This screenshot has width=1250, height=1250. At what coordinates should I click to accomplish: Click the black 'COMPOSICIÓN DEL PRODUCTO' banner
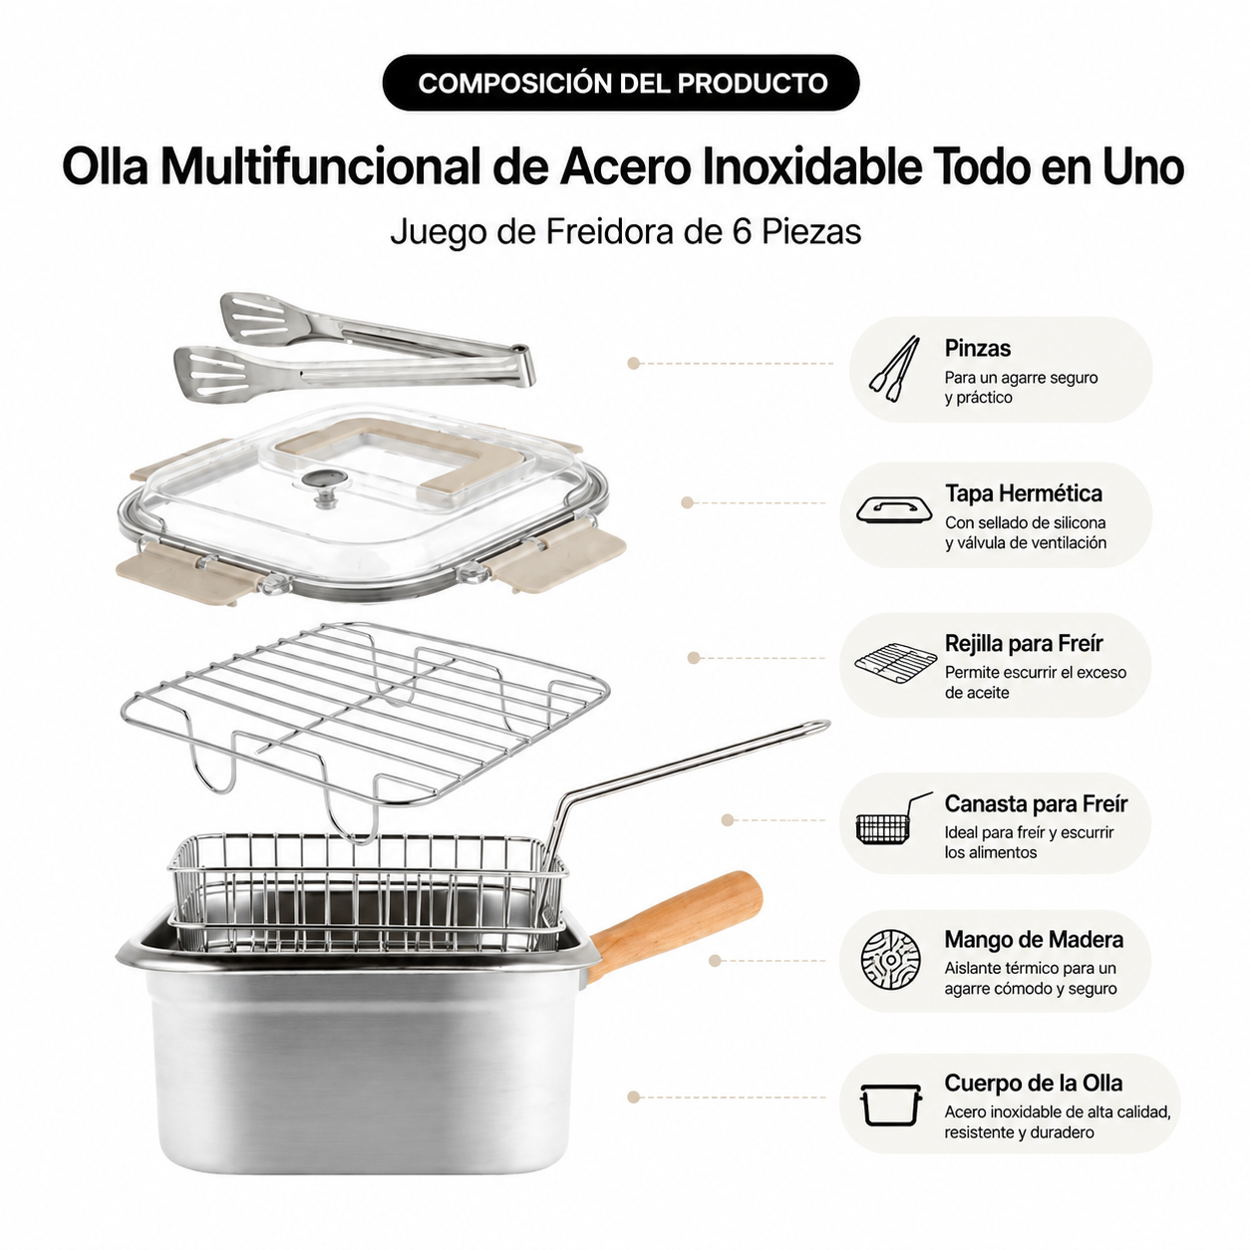pos(621,83)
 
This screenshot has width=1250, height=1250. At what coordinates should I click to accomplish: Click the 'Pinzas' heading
pos(977,348)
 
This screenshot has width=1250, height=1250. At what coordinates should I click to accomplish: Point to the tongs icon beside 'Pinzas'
pos(894,369)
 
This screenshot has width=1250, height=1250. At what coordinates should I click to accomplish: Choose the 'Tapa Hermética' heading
pos(1023,493)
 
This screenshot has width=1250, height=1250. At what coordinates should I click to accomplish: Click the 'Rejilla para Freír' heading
pos(1024,644)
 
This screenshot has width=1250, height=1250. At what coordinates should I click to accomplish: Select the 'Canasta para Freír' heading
pos(1036,803)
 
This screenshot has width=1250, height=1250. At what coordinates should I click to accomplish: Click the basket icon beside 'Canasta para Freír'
pos(893,818)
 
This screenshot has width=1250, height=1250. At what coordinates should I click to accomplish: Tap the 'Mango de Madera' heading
pos(1034,940)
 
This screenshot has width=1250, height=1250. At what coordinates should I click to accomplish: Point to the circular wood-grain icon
pos(890,959)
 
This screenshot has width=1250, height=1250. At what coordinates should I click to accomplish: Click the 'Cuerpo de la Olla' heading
pos(1033,1084)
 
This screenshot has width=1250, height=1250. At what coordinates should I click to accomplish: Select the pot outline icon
pos(890,1104)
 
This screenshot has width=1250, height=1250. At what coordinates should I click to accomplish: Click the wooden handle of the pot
pos(675,924)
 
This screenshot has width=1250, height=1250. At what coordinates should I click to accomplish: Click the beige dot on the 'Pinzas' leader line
pos(633,363)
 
